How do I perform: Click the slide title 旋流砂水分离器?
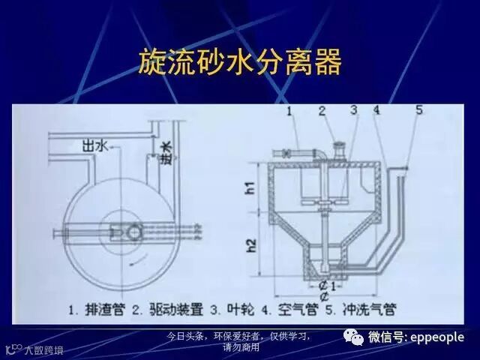coord(240,61)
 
